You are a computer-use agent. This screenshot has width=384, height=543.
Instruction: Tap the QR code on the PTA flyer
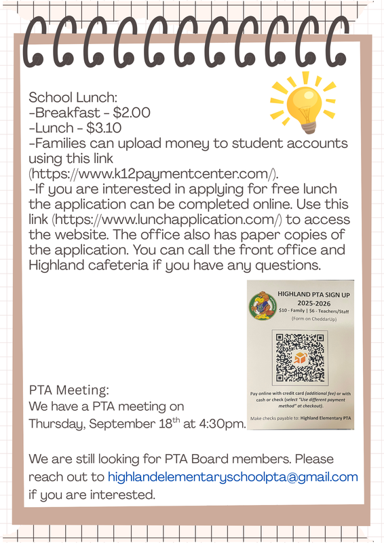(299, 357)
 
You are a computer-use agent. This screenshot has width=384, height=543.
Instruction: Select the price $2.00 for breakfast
(132, 112)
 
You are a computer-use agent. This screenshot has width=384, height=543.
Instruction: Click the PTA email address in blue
(233, 477)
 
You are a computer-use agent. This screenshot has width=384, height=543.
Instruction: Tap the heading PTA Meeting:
(69, 390)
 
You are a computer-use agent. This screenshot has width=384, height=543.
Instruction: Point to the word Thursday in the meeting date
(55, 425)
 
